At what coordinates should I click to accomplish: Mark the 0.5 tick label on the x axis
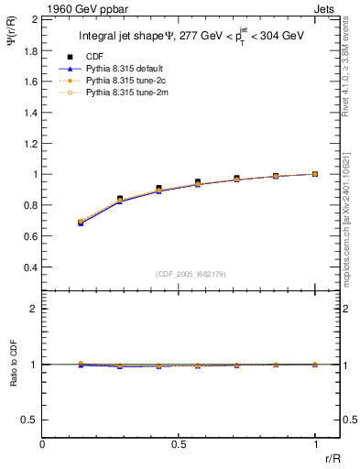[x=179, y=444]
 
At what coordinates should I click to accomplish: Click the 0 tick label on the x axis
[x=43, y=444]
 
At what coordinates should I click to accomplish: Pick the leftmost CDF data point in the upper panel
[x=82, y=222]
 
